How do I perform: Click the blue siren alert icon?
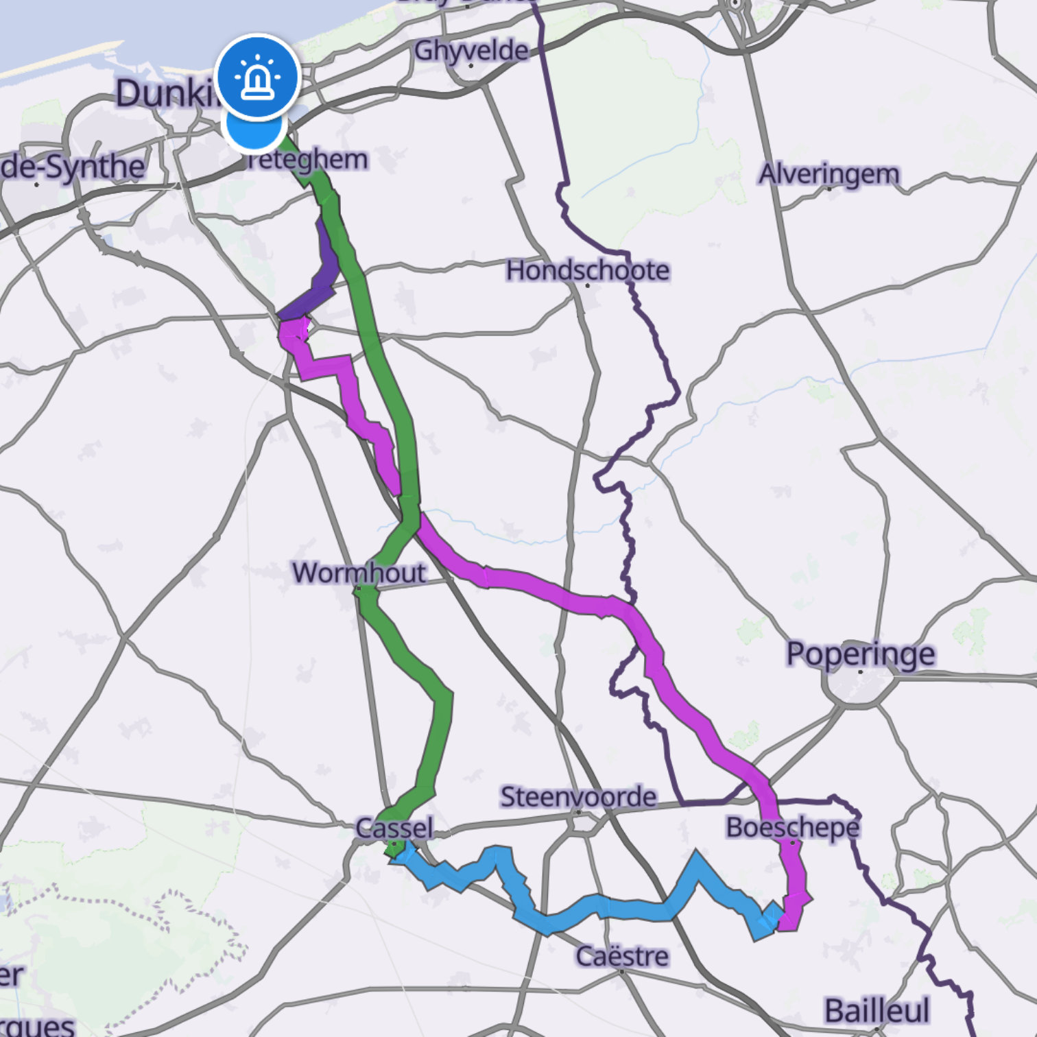257,77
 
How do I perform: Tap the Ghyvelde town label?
471,50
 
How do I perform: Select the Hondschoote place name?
587,270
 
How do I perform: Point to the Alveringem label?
829,174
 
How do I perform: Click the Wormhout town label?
359,572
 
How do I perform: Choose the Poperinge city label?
860,654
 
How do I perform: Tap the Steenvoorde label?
578,796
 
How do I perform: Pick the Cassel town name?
394,828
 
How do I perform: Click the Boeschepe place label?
792,827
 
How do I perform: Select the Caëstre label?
622,955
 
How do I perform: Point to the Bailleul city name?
877,1010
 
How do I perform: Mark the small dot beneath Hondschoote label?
587,285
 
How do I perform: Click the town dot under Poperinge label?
861,671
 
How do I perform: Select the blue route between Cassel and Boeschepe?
604,907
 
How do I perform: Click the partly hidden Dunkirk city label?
165,93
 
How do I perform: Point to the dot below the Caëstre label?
622,971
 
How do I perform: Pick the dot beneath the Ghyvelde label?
471,66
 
